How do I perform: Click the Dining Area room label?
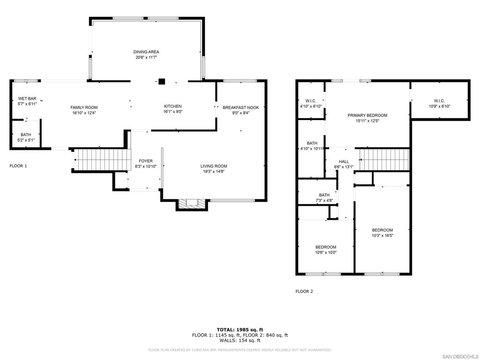146,52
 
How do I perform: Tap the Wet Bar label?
27,98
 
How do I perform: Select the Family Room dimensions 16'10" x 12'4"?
84,113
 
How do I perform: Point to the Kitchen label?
172,106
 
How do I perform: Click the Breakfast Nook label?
240,107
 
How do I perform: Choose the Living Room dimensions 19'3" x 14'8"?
214,172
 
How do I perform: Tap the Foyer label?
146,161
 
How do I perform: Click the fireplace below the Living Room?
192,204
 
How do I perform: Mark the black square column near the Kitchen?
162,82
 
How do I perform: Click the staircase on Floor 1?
103,159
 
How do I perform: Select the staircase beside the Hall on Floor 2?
384,159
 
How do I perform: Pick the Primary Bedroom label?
367,115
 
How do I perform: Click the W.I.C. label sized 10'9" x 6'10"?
439,101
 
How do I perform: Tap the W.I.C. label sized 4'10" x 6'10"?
311,101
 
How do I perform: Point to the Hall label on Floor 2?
344,162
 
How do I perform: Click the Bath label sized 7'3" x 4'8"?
324,195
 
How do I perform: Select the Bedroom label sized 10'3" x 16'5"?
382,230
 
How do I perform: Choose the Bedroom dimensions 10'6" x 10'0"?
326,253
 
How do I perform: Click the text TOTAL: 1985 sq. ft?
240,330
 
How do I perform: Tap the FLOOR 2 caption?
304,292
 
